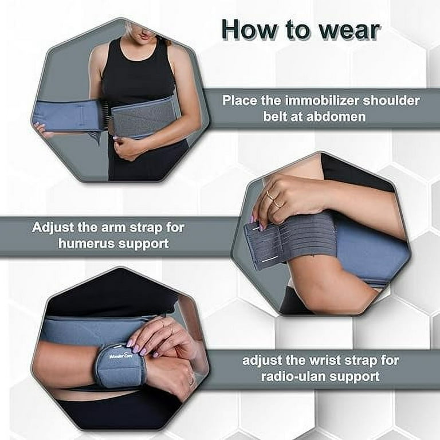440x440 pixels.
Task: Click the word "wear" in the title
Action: (x=347, y=29)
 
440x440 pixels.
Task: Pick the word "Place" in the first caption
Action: (x=239, y=101)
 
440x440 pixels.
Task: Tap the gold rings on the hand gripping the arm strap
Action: (x=273, y=199)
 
